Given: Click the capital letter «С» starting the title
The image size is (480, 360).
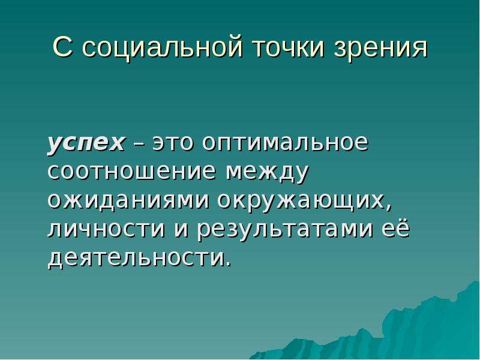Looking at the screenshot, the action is [62, 47].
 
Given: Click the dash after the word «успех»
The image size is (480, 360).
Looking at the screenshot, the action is [139, 144].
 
